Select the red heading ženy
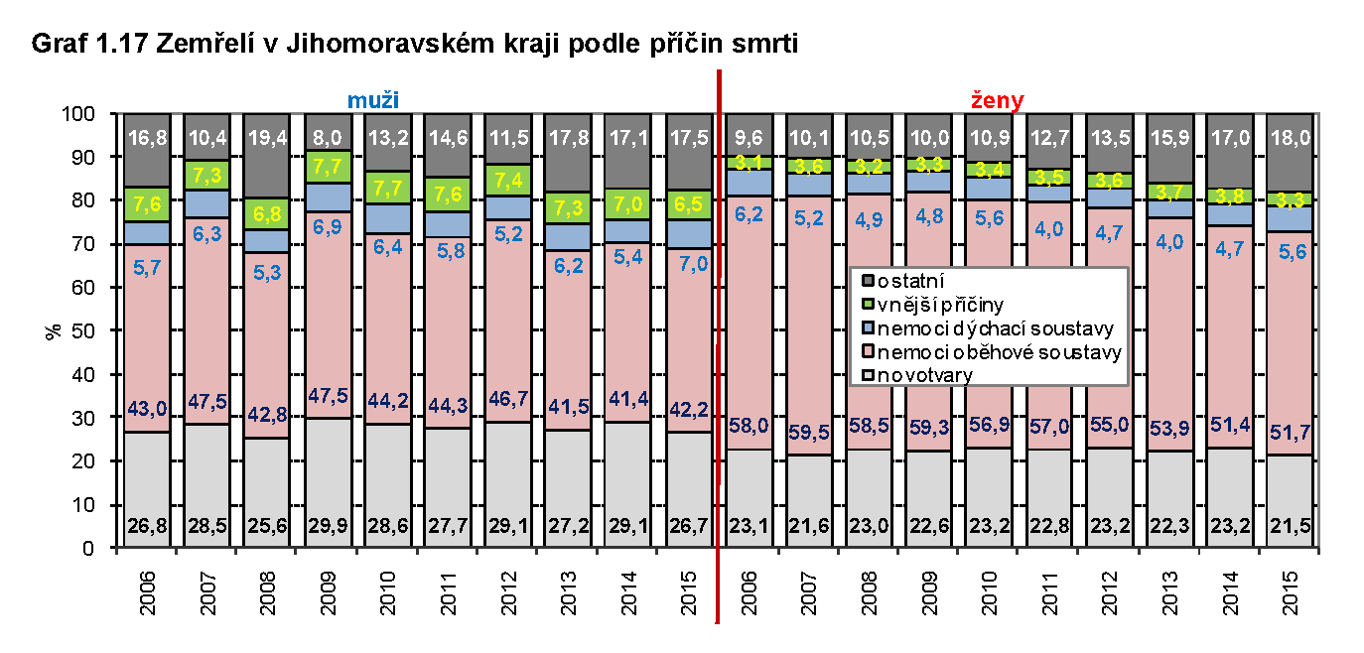point(997,100)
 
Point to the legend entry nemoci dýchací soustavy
point(989,328)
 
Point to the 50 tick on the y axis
point(85,330)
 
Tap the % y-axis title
point(52,330)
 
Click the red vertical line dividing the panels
point(717,347)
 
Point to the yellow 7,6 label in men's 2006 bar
point(146,205)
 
